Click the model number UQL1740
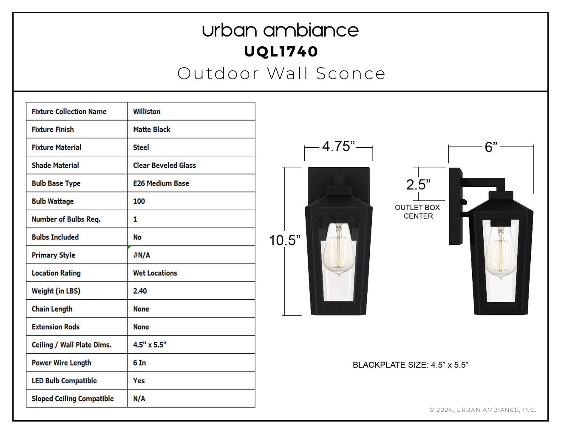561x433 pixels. [281, 52]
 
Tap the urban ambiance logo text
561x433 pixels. [280, 30]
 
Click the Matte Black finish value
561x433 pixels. [152, 129]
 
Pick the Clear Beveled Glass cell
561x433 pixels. [164, 165]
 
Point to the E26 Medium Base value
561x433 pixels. [161, 183]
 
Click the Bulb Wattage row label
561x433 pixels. [53, 201]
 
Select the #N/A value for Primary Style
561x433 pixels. [142, 255]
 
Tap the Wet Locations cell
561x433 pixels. [155, 273]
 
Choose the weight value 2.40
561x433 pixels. [140, 291]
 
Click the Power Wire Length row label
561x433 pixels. [62, 363]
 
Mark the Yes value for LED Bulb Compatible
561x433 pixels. [139, 381]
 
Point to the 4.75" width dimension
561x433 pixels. [338, 146]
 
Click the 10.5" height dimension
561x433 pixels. [285, 240]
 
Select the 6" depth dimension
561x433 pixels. [491, 147]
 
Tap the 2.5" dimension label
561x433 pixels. [418, 185]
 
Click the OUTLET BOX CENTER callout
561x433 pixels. [417, 212]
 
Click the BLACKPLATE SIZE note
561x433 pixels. [411, 365]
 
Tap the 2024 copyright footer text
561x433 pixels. [483, 410]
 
